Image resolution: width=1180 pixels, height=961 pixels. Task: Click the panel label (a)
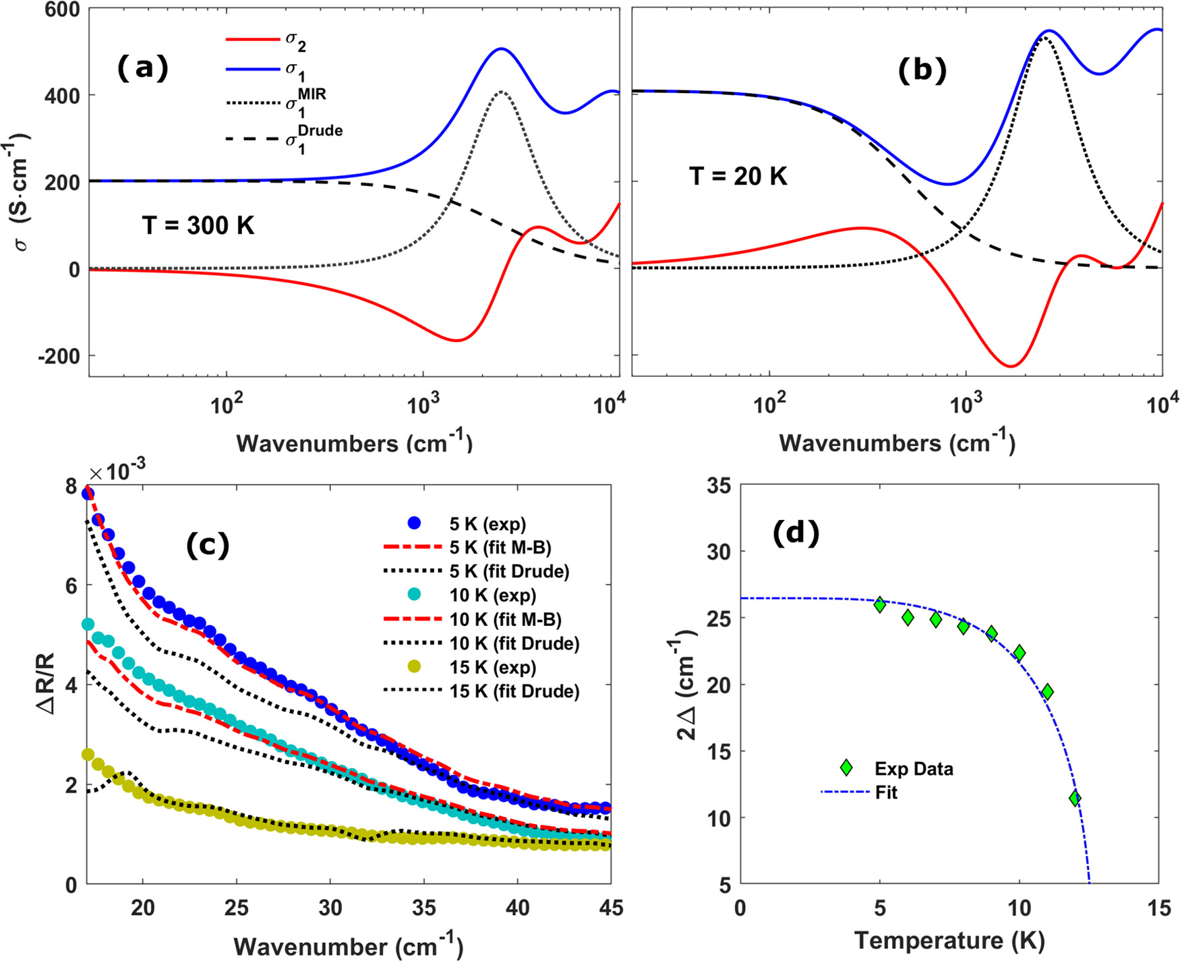[x=142, y=68]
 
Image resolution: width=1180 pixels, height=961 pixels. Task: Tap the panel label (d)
[x=796, y=533]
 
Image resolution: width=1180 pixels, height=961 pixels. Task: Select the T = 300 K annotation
[x=198, y=225]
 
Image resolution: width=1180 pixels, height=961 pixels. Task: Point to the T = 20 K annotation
[x=738, y=177]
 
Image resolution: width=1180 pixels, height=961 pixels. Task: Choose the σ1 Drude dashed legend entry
[x=283, y=139]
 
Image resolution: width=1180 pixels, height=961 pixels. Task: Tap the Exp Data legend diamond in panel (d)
[x=846, y=767]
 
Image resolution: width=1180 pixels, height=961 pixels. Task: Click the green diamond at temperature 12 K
[x=1075, y=798]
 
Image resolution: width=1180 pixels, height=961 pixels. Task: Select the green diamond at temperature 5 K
[x=880, y=604]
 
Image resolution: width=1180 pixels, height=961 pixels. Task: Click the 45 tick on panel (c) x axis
[x=610, y=908]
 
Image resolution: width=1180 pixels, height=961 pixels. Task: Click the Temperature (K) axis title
[x=949, y=940]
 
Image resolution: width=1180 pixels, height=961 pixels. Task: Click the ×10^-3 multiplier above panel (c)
[x=118, y=471]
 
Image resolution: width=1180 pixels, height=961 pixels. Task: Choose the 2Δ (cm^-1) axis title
[x=688, y=685]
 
